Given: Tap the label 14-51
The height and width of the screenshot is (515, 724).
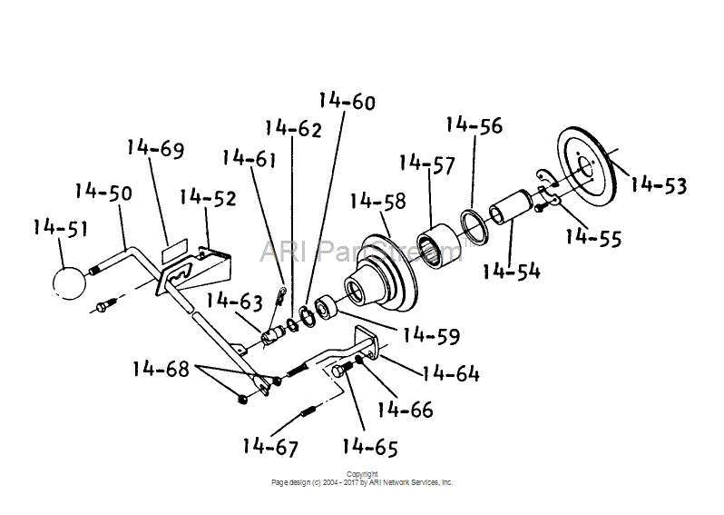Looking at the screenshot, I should tap(60, 228).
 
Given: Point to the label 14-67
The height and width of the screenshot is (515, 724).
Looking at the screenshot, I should tap(269, 446).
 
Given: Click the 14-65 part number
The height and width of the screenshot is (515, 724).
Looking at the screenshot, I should tap(369, 447).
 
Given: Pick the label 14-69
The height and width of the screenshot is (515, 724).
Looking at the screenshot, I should tap(155, 147).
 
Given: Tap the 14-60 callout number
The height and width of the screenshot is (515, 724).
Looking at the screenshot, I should tap(347, 102).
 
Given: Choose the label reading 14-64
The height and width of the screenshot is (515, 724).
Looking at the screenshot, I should tap(451, 373).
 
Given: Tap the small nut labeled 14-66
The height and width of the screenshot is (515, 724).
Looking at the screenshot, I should tap(360, 361).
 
